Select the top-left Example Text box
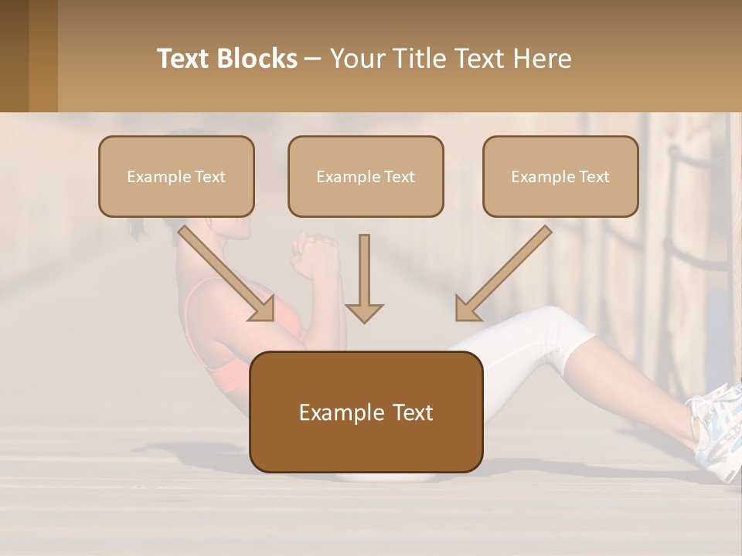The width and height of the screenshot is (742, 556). tap(176, 176)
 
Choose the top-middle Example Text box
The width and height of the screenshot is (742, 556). tap(366, 176)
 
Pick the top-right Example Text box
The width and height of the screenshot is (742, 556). tap(560, 176)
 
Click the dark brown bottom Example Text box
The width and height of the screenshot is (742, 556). tap(366, 412)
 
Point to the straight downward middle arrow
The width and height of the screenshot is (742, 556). tap(364, 278)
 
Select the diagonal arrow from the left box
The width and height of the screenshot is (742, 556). tap(228, 273)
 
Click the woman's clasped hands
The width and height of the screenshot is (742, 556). tap(314, 255)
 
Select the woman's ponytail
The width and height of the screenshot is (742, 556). tap(138, 229)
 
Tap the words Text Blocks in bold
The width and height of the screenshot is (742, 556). tap(226, 59)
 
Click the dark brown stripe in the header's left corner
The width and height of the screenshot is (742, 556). tap(14, 56)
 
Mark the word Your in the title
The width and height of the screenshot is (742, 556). tap(358, 59)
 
